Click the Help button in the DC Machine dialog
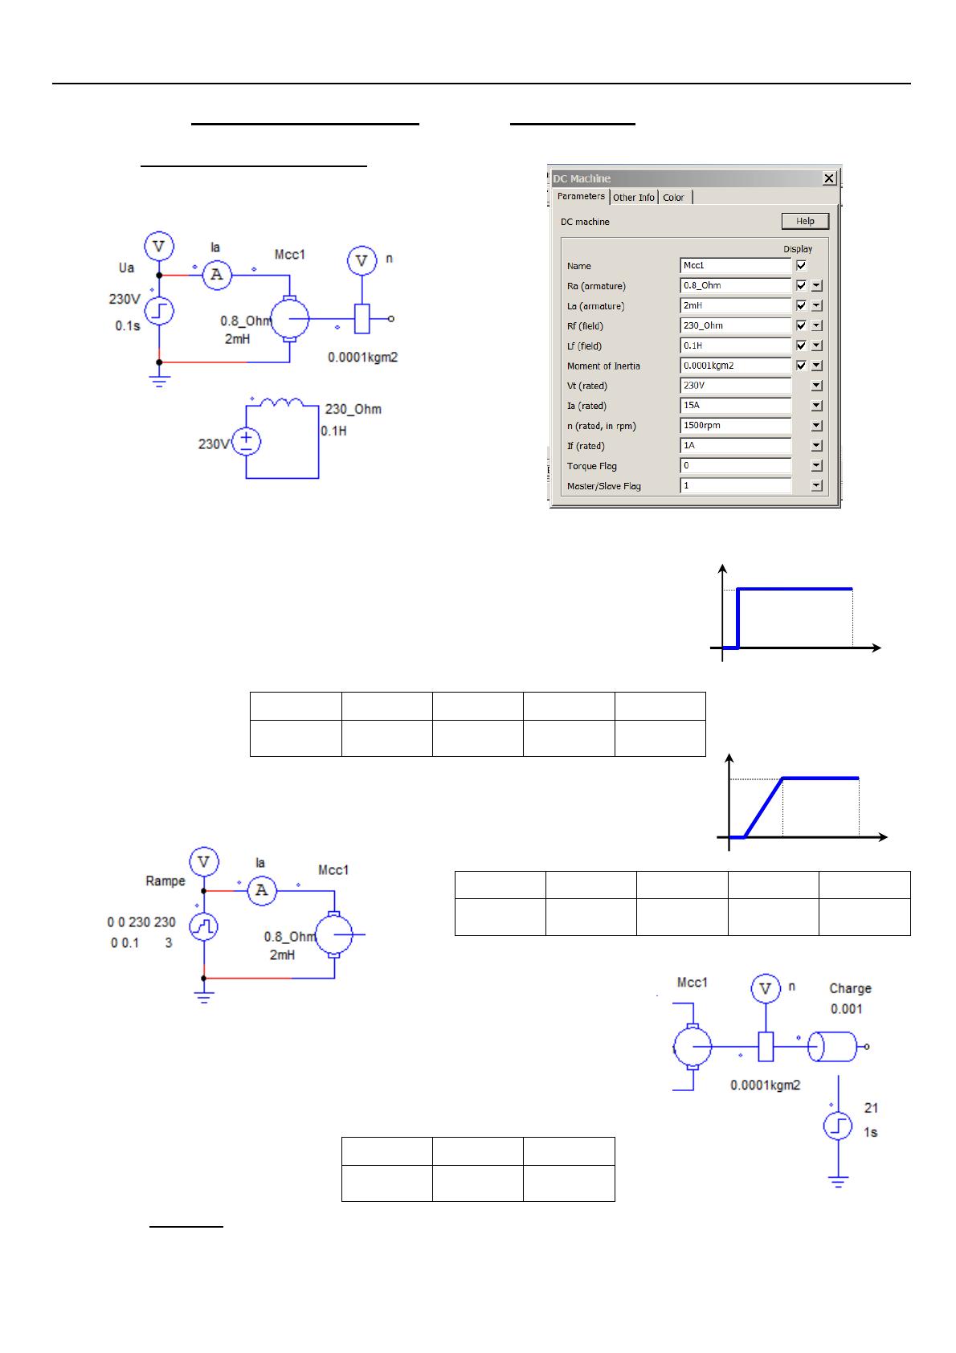[805, 221]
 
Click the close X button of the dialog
[830, 178]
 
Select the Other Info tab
[634, 197]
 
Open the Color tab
[673, 197]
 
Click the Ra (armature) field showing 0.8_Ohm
[735, 285]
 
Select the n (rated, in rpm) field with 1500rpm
[735, 426]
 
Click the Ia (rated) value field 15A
[735, 406]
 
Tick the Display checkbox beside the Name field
[801, 265]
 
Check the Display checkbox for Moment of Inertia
[801, 366]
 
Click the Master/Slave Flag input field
[735, 486]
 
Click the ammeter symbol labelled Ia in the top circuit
[216, 276]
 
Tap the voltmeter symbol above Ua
[159, 247]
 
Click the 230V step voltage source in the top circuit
[159, 312]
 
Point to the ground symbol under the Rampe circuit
[204, 997]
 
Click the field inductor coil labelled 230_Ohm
[276, 403]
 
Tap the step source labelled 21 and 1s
[838, 1126]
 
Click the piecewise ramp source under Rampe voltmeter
[204, 928]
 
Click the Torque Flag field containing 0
[735, 466]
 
